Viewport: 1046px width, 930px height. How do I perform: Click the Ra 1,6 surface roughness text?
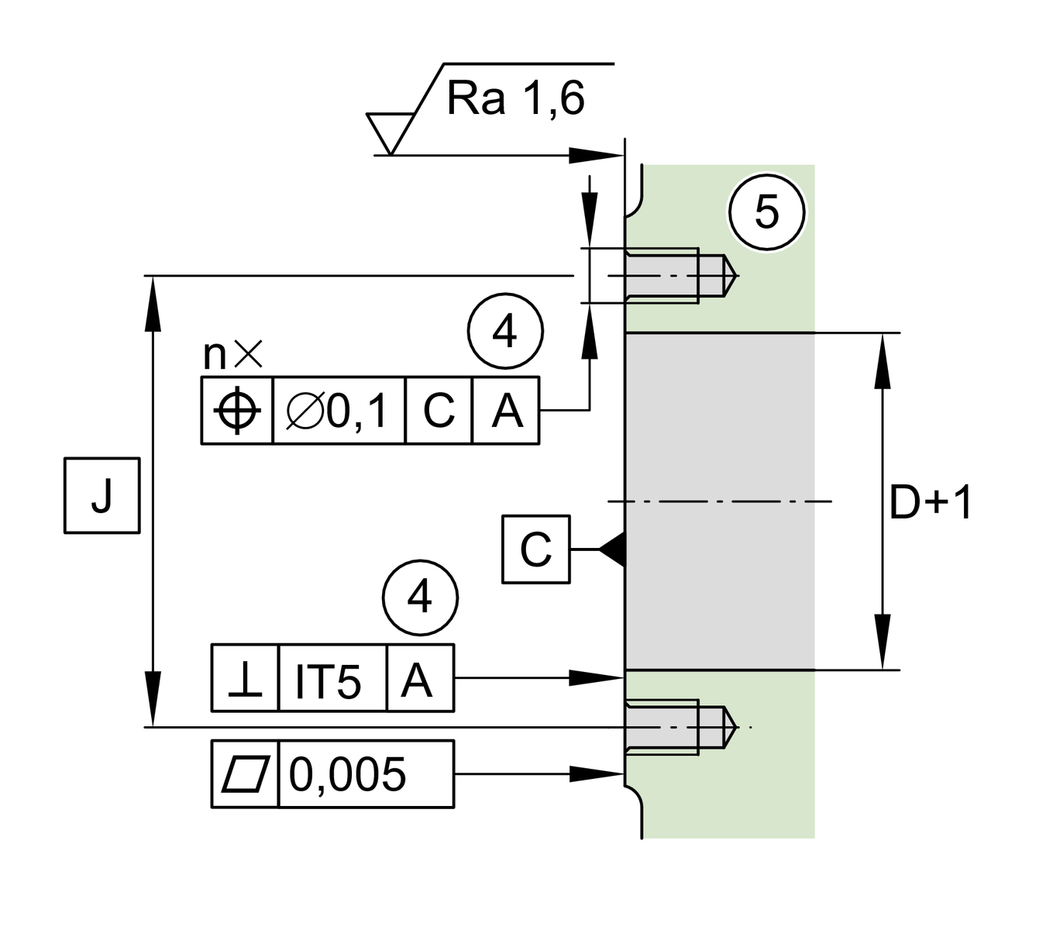[515, 99]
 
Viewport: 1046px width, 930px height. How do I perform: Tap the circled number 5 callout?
[766, 212]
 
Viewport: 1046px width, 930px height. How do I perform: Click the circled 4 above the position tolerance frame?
[505, 332]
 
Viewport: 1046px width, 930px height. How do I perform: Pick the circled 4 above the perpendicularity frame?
[420, 598]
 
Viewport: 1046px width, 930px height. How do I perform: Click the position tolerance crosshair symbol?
[237, 410]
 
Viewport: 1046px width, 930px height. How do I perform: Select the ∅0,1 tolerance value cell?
[339, 410]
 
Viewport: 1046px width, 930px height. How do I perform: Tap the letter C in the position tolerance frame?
[439, 410]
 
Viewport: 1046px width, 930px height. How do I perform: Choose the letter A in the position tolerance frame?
[506, 410]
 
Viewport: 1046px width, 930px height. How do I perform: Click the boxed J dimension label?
[102, 496]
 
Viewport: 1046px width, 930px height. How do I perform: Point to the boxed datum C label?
[535, 549]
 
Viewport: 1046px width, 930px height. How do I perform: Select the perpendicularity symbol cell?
[245, 678]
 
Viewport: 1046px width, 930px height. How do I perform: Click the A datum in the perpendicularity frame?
[419, 678]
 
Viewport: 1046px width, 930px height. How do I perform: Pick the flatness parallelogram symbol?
[245, 774]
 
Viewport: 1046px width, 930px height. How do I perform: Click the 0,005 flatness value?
[348, 774]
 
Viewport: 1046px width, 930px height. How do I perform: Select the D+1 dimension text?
[931, 503]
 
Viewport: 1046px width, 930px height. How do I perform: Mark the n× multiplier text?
[232, 355]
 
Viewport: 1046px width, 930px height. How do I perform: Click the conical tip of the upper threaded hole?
[731, 275]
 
